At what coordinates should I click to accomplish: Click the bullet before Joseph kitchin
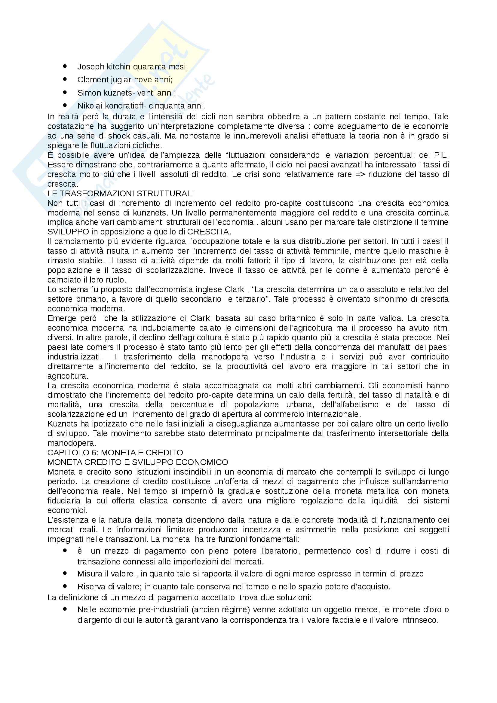click(65, 66)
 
